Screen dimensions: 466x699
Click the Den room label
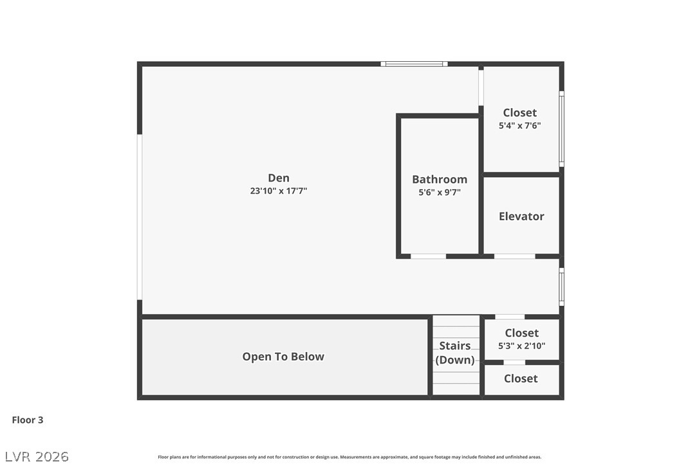click(x=279, y=178)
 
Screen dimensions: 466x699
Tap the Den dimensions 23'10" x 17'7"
click(x=279, y=191)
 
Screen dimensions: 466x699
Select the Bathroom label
click(x=440, y=180)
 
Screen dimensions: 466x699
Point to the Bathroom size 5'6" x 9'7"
click(x=440, y=192)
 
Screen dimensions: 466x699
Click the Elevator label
click(x=521, y=216)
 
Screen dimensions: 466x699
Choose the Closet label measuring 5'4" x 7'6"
click(x=519, y=113)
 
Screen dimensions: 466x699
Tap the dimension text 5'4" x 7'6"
click(x=519, y=126)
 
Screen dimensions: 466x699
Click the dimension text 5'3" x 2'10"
click(x=521, y=346)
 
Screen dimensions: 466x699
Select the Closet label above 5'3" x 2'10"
click(x=521, y=333)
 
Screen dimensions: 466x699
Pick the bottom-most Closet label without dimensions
click(x=521, y=378)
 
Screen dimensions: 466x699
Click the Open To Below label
click(x=283, y=357)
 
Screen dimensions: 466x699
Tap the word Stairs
click(x=455, y=346)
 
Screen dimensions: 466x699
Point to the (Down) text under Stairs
click(x=455, y=360)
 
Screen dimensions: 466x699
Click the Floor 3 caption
click(x=28, y=420)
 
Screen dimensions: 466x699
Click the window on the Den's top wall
click(x=414, y=64)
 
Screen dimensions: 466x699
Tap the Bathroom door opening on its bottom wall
click(x=428, y=256)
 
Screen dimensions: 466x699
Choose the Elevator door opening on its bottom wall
click(x=514, y=256)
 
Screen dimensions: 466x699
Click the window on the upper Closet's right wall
click(x=561, y=129)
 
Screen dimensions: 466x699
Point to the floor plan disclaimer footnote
click(x=349, y=457)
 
